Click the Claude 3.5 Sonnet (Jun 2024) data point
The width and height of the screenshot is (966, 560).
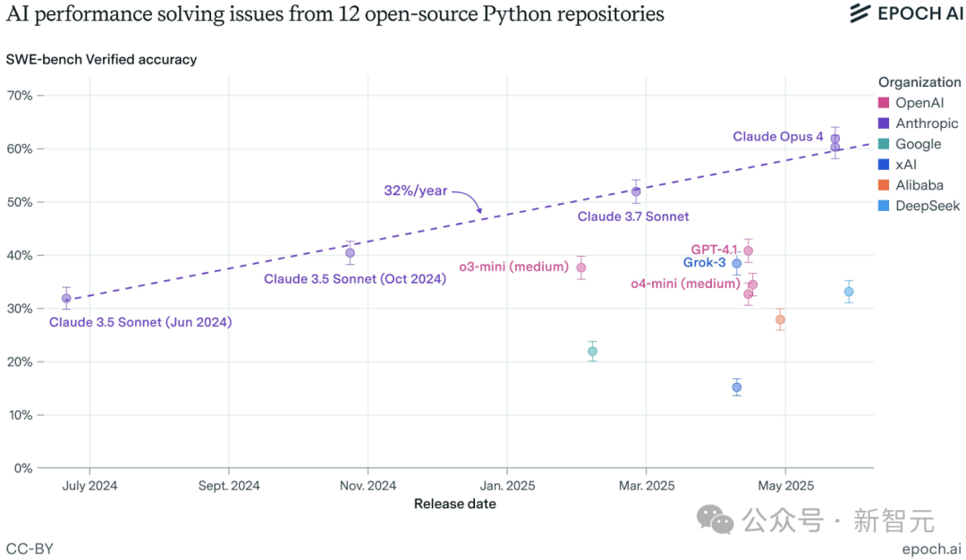(66, 299)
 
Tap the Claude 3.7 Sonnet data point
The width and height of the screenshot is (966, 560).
(636, 191)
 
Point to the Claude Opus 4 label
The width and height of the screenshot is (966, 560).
(777, 137)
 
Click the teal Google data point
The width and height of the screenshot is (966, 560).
(592, 352)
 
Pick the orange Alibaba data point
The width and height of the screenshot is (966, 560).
(780, 319)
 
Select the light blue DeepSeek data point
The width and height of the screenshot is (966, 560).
(849, 292)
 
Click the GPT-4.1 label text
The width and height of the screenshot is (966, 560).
(715, 250)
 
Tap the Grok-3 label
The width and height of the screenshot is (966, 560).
(704, 263)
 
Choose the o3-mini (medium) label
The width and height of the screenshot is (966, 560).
(514, 267)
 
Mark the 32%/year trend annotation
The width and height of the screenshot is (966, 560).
(415, 191)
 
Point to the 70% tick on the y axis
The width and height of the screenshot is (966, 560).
(21, 96)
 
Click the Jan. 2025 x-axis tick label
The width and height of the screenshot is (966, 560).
(507, 486)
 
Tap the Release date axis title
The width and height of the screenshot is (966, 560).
(454, 504)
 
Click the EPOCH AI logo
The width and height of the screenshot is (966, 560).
(906, 13)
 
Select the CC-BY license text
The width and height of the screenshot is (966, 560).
(30, 548)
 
